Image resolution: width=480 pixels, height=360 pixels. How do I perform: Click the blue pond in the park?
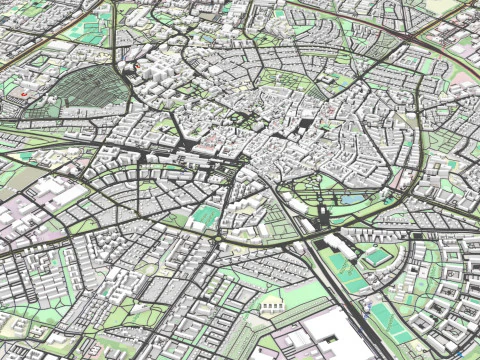pos(351,198)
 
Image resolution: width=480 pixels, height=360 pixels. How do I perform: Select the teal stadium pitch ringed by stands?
pos(375,257)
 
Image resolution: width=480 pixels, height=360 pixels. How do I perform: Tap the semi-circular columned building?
pos(271,303)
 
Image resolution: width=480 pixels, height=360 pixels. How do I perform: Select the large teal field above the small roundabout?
pos(207,215)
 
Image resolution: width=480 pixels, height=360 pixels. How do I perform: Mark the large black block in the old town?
pos(303,125)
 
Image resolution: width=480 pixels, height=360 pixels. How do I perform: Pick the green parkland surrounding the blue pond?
pos(340,185)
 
